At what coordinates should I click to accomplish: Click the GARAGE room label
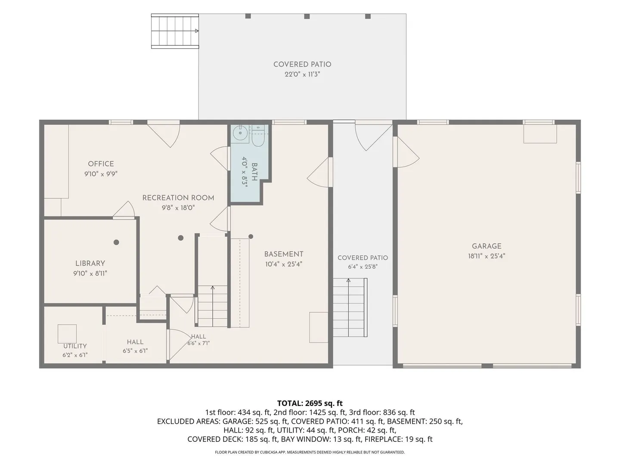(487, 246)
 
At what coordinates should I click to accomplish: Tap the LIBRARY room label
(90, 263)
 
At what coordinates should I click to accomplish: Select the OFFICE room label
(101, 164)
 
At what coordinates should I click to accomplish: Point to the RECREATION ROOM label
(178, 198)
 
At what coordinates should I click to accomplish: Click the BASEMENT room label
(284, 254)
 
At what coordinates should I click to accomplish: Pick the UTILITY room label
(75, 346)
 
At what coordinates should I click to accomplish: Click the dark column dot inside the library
(116, 242)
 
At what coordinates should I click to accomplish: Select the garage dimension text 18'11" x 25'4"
(487, 256)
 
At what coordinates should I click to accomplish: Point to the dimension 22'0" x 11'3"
(302, 74)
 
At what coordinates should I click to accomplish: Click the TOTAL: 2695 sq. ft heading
(310, 403)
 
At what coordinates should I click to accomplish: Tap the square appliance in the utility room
(67, 334)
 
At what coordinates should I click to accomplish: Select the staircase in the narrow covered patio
(350, 307)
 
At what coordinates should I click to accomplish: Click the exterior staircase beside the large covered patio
(175, 31)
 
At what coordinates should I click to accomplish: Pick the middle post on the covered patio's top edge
(307, 16)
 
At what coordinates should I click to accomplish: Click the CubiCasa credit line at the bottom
(310, 452)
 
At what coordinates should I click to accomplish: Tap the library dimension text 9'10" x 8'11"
(90, 273)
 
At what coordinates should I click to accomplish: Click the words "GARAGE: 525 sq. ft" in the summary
(255, 422)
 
